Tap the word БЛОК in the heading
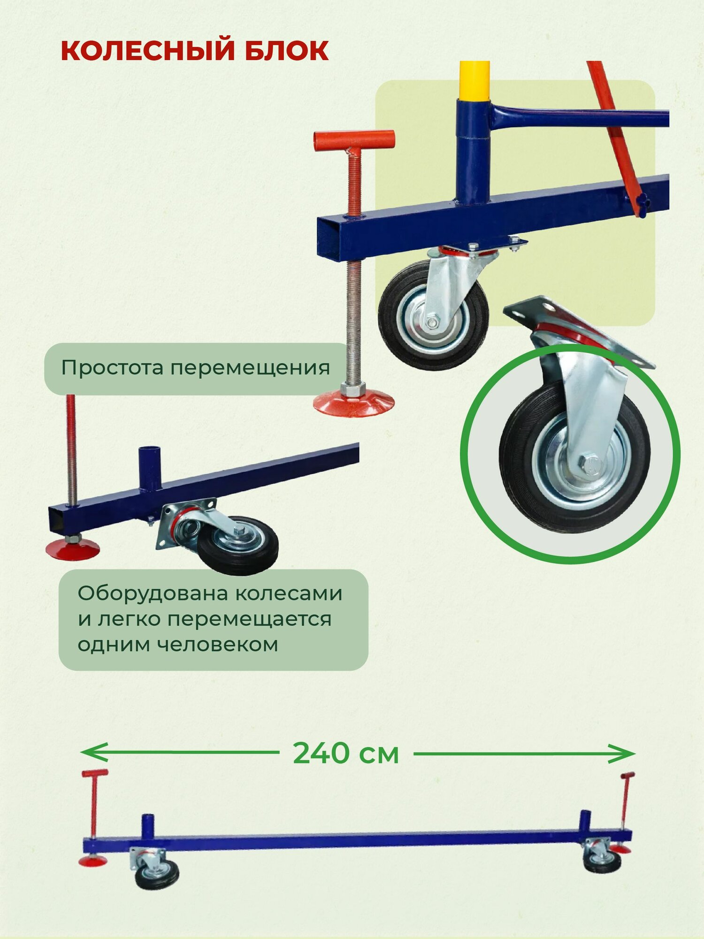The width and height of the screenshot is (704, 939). [286, 51]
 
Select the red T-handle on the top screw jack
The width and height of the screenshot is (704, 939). [354, 140]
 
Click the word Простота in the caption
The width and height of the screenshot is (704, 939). [111, 368]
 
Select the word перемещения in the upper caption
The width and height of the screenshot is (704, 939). [250, 368]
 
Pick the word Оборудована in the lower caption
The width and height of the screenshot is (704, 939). [152, 593]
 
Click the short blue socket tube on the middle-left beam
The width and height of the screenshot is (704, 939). [149, 467]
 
